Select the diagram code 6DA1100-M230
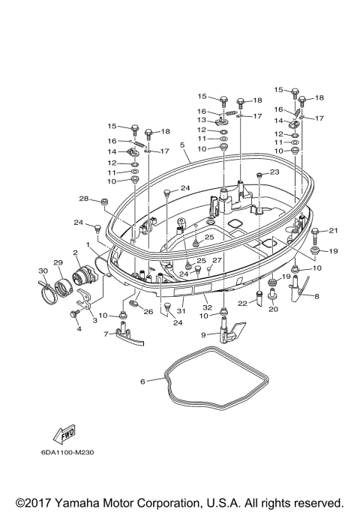[67, 452]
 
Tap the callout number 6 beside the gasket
[142, 381]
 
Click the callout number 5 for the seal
[181, 145]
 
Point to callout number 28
[84, 199]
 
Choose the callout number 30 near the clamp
[42, 271]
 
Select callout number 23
[274, 172]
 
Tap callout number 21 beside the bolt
[334, 230]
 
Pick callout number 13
[202, 119]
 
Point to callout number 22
[242, 303]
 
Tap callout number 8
[316, 297]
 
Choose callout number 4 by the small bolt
[77, 328]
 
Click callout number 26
[148, 311]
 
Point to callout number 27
[217, 260]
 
